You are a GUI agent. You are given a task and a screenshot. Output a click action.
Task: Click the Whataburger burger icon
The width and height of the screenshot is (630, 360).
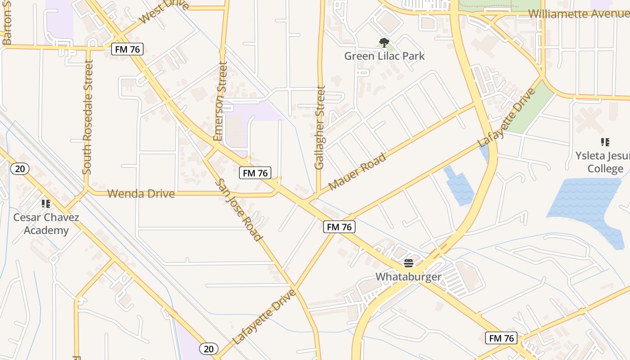coord(409,263)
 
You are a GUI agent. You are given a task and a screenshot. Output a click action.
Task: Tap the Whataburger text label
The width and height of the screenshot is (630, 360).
coord(409,276)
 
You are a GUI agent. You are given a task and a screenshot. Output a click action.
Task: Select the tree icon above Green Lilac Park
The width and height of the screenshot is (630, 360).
coord(384,43)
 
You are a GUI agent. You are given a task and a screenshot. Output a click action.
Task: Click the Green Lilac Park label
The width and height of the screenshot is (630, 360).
coord(384,56)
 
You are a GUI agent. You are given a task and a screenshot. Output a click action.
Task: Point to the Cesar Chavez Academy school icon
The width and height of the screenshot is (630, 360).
coord(45,204)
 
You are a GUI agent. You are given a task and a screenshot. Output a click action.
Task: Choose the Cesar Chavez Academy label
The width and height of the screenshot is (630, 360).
coord(46,224)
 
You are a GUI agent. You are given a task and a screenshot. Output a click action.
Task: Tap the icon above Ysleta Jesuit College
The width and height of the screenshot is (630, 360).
coord(605,142)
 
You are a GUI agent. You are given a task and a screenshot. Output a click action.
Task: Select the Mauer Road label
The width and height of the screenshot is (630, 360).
coord(357,172)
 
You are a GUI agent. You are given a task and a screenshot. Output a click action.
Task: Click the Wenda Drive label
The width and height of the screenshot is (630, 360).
coord(141,194)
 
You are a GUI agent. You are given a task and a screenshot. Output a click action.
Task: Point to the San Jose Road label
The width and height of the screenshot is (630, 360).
coord(239,210)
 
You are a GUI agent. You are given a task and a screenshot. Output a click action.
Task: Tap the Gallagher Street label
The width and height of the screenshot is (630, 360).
coord(320,128)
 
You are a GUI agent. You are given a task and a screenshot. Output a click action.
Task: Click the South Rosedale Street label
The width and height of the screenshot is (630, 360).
coord(88,117)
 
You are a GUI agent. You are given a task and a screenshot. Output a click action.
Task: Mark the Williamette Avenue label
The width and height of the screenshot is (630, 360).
coord(578,13)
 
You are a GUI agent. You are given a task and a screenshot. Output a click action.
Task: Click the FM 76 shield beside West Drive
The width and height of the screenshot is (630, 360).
coord(127,49)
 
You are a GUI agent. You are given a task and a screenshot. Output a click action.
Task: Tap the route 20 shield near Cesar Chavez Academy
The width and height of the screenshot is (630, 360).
coord(20,169)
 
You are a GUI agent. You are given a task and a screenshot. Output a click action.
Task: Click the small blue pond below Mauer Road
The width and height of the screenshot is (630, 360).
coord(459,185)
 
